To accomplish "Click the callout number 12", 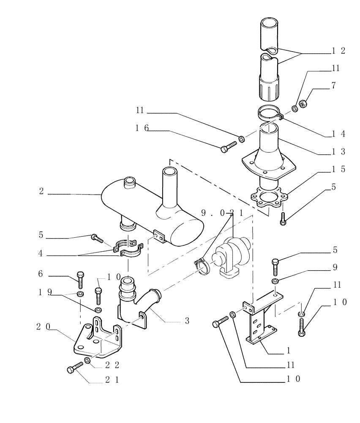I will click(338, 51).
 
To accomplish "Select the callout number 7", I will click(334, 86).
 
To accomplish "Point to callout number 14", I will click(338, 134).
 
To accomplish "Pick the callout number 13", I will click(338, 151).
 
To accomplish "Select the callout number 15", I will click(338, 169).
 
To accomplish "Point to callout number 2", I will click(41, 191).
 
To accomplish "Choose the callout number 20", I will click(41, 326).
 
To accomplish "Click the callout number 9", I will click(334, 267).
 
